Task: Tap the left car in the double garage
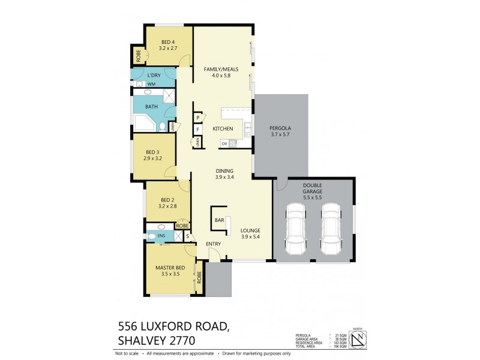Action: (296, 229)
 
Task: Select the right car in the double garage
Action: (331, 229)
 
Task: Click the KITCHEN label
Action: (223, 129)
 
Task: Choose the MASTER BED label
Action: (170, 267)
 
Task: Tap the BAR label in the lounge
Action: (220, 220)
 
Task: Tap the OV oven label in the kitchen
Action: (224, 143)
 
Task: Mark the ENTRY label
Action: (214, 244)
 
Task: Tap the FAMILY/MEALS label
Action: (221, 69)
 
